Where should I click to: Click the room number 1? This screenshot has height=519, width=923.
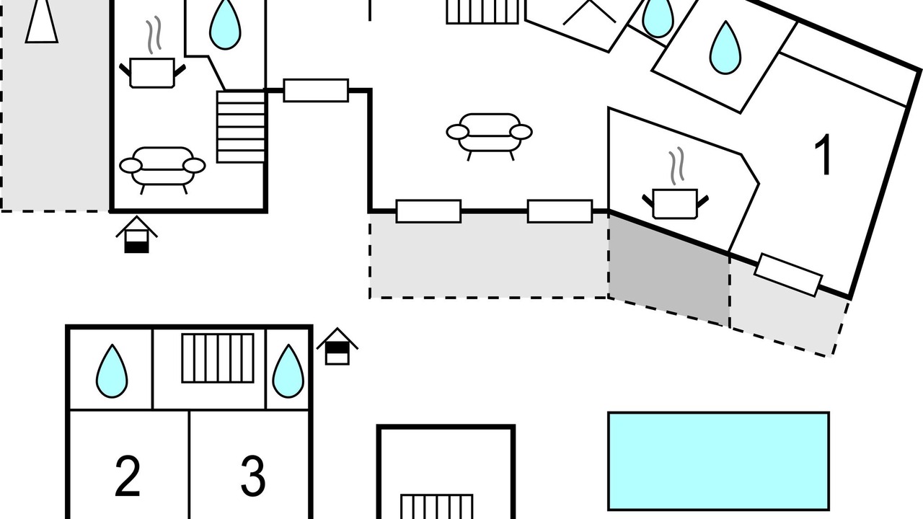click(823, 155)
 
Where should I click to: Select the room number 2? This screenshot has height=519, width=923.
click(128, 476)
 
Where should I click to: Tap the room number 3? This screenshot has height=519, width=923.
click(252, 476)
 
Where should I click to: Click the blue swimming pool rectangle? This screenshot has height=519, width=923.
click(719, 461)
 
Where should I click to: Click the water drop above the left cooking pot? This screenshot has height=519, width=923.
click(225, 24)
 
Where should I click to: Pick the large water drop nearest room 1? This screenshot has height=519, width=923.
click(725, 48)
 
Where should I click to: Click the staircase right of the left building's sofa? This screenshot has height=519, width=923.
click(241, 127)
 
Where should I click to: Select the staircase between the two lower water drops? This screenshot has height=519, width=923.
click(218, 358)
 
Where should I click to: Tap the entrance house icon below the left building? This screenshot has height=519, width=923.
click(136, 234)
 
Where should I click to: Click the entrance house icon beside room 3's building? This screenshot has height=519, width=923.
click(337, 347)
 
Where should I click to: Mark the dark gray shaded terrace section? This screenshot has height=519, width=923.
click(668, 269)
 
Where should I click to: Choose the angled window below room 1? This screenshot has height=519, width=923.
click(788, 275)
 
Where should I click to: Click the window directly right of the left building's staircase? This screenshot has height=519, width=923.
click(316, 90)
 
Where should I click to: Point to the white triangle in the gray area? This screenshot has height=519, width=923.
click(42, 21)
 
